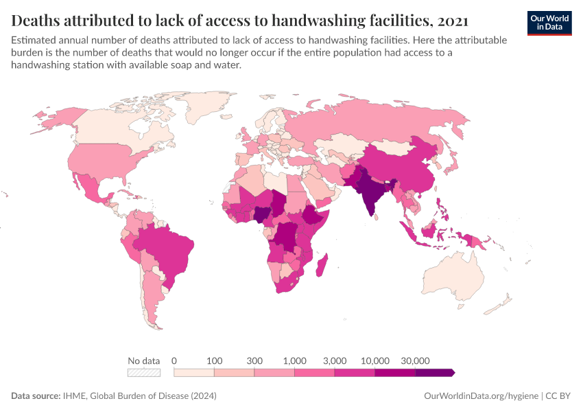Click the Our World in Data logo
click(549, 22)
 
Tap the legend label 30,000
click(415, 360)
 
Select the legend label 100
click(215, 360)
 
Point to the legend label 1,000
click(294, 360)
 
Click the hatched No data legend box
click(143, 372)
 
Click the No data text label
click(143, 360)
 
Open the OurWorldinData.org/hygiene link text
click(481, 396)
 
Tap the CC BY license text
click(558, 396)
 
